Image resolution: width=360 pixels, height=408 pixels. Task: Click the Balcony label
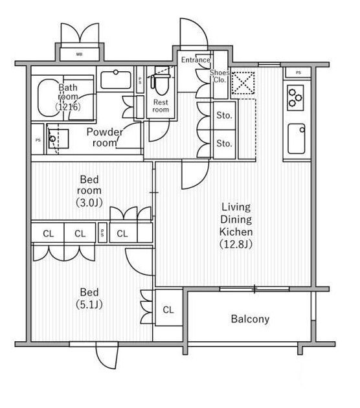(250, 319)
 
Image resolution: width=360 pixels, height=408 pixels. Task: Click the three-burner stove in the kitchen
(295, 98)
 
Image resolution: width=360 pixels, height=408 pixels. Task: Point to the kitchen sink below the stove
(297, 139)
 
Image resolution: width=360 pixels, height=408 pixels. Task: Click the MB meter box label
(80, 54)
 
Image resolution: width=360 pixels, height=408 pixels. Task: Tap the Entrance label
(196, 60)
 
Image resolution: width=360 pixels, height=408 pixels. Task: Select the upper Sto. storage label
(224, 115)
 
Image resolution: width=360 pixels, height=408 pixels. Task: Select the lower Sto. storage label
(224, 143)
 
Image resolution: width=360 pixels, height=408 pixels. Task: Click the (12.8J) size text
(236, 244)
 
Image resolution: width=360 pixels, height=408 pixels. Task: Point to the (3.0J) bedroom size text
(89, 203)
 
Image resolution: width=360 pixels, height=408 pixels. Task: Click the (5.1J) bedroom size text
(89, 304)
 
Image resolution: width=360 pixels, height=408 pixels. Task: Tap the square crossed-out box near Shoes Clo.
(243, 84)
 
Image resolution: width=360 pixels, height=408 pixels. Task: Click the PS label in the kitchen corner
(298, 73)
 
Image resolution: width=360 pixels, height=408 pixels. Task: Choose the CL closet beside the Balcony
(168, 310)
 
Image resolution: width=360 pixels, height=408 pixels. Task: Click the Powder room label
(104, 137)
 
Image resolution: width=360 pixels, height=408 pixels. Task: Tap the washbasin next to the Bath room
(116, 80)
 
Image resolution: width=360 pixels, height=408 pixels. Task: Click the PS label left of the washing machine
(38, 140)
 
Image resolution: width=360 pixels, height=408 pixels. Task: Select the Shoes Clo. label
(219, 76)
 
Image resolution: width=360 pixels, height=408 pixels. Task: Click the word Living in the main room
(236, 207)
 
